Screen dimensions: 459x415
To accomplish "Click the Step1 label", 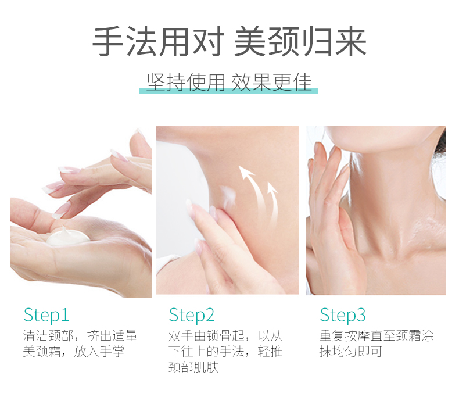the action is (x=46, y=316).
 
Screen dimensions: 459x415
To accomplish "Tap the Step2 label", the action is (x=192, y=316).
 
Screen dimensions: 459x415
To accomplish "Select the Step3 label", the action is (x=342, y=316).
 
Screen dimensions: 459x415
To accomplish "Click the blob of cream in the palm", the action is (x=67, y=237).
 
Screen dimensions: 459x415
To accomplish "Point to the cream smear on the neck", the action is (x=228, y=195).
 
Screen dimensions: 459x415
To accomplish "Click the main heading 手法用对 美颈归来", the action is (x=229, y=41).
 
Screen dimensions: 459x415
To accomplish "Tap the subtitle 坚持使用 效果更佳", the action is (x=229, y=82).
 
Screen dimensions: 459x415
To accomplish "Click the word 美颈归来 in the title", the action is (x=300, y=41).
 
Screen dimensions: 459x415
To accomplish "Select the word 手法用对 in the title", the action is (x=159, y=41).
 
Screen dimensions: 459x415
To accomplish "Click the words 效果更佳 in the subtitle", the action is (x=272, y=82).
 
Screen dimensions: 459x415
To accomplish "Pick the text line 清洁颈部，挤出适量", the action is (x=80, y=335).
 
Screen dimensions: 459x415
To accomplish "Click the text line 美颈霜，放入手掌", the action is (x=74, y=351).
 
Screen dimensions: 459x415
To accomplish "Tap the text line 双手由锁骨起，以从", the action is (x=225, y=335).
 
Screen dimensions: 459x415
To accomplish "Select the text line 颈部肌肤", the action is (x=193, y=367).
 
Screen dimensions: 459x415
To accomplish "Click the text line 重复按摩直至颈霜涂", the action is (x=376, y=335).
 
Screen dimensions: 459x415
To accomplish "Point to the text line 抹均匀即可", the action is (x=351, y=351).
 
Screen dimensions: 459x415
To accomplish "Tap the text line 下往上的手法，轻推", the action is (x=225, y=351).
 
